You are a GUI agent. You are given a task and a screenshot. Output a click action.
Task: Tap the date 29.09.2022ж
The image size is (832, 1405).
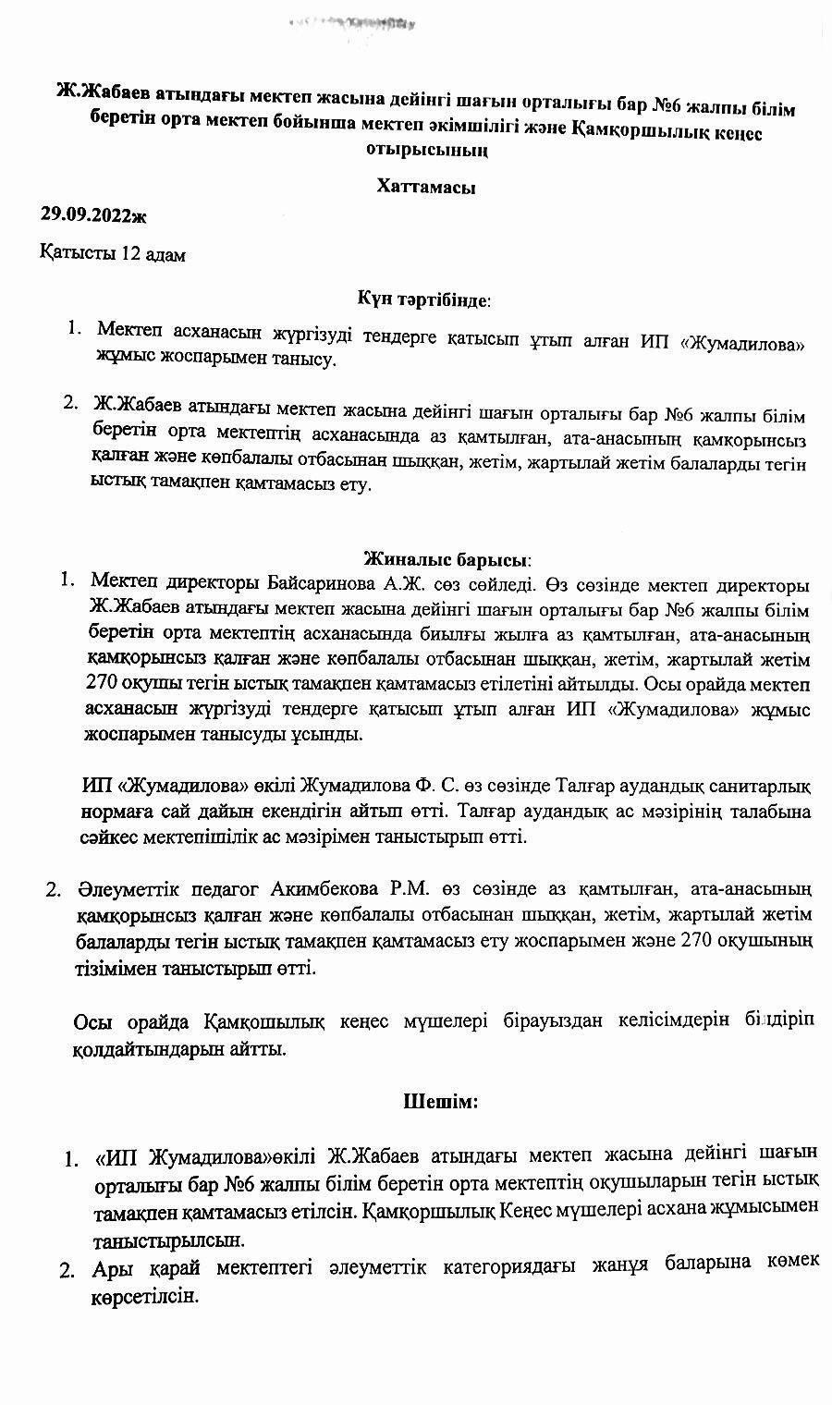click(x=93, y=215)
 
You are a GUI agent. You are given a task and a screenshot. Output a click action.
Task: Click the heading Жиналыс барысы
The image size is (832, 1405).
click(x=447, y=559)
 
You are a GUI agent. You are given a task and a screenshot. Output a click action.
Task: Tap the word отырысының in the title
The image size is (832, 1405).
click(x=426, y=150)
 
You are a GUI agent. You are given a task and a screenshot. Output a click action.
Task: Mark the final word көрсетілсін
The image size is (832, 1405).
click(x=145, y=1297)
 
